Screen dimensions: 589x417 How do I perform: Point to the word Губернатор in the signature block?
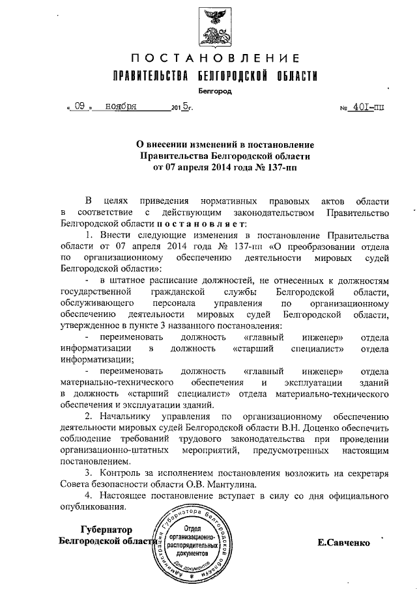[x=106, y=529]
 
